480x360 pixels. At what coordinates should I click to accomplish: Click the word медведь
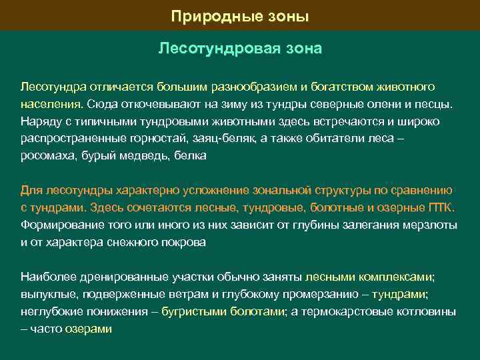(145, 156)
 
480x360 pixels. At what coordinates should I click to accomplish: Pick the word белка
(190, 156)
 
